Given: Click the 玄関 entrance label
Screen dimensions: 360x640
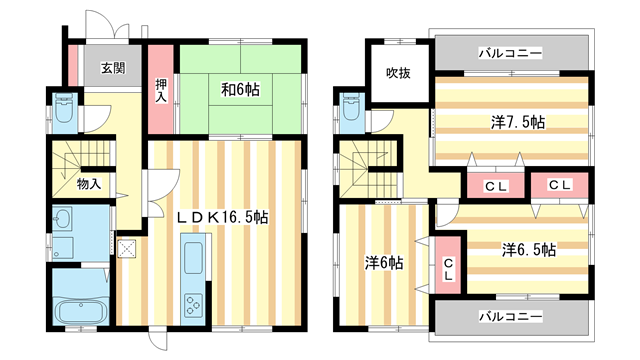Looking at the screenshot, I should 112,69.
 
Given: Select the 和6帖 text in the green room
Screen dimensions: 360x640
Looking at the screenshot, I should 239,89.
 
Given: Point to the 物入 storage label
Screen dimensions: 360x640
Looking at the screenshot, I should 88,184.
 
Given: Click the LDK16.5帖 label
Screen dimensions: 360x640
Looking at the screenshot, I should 222,217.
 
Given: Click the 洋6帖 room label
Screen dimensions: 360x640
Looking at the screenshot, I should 383,263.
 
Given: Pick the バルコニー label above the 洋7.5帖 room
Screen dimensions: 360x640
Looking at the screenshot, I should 509,50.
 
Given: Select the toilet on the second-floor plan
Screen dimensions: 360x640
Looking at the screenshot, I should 350,111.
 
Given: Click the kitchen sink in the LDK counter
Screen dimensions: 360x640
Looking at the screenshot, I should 191,254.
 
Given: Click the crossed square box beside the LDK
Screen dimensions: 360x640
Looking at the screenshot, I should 127,250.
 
